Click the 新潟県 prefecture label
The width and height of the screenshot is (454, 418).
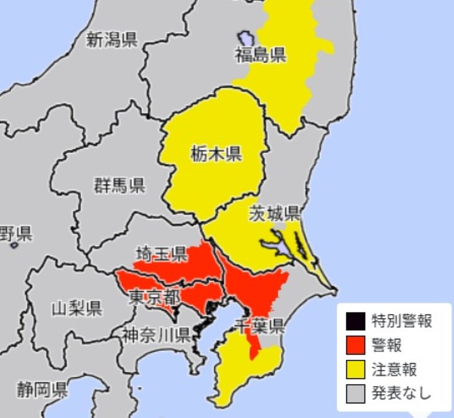[x=112, y=40]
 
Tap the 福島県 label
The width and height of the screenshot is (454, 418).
[x=260, y=55]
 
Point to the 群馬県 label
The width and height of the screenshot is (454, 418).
[x=119, y=185]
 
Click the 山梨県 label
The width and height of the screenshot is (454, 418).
[x=77, y=309]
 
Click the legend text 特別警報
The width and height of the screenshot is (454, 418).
[x=402, y=322]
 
